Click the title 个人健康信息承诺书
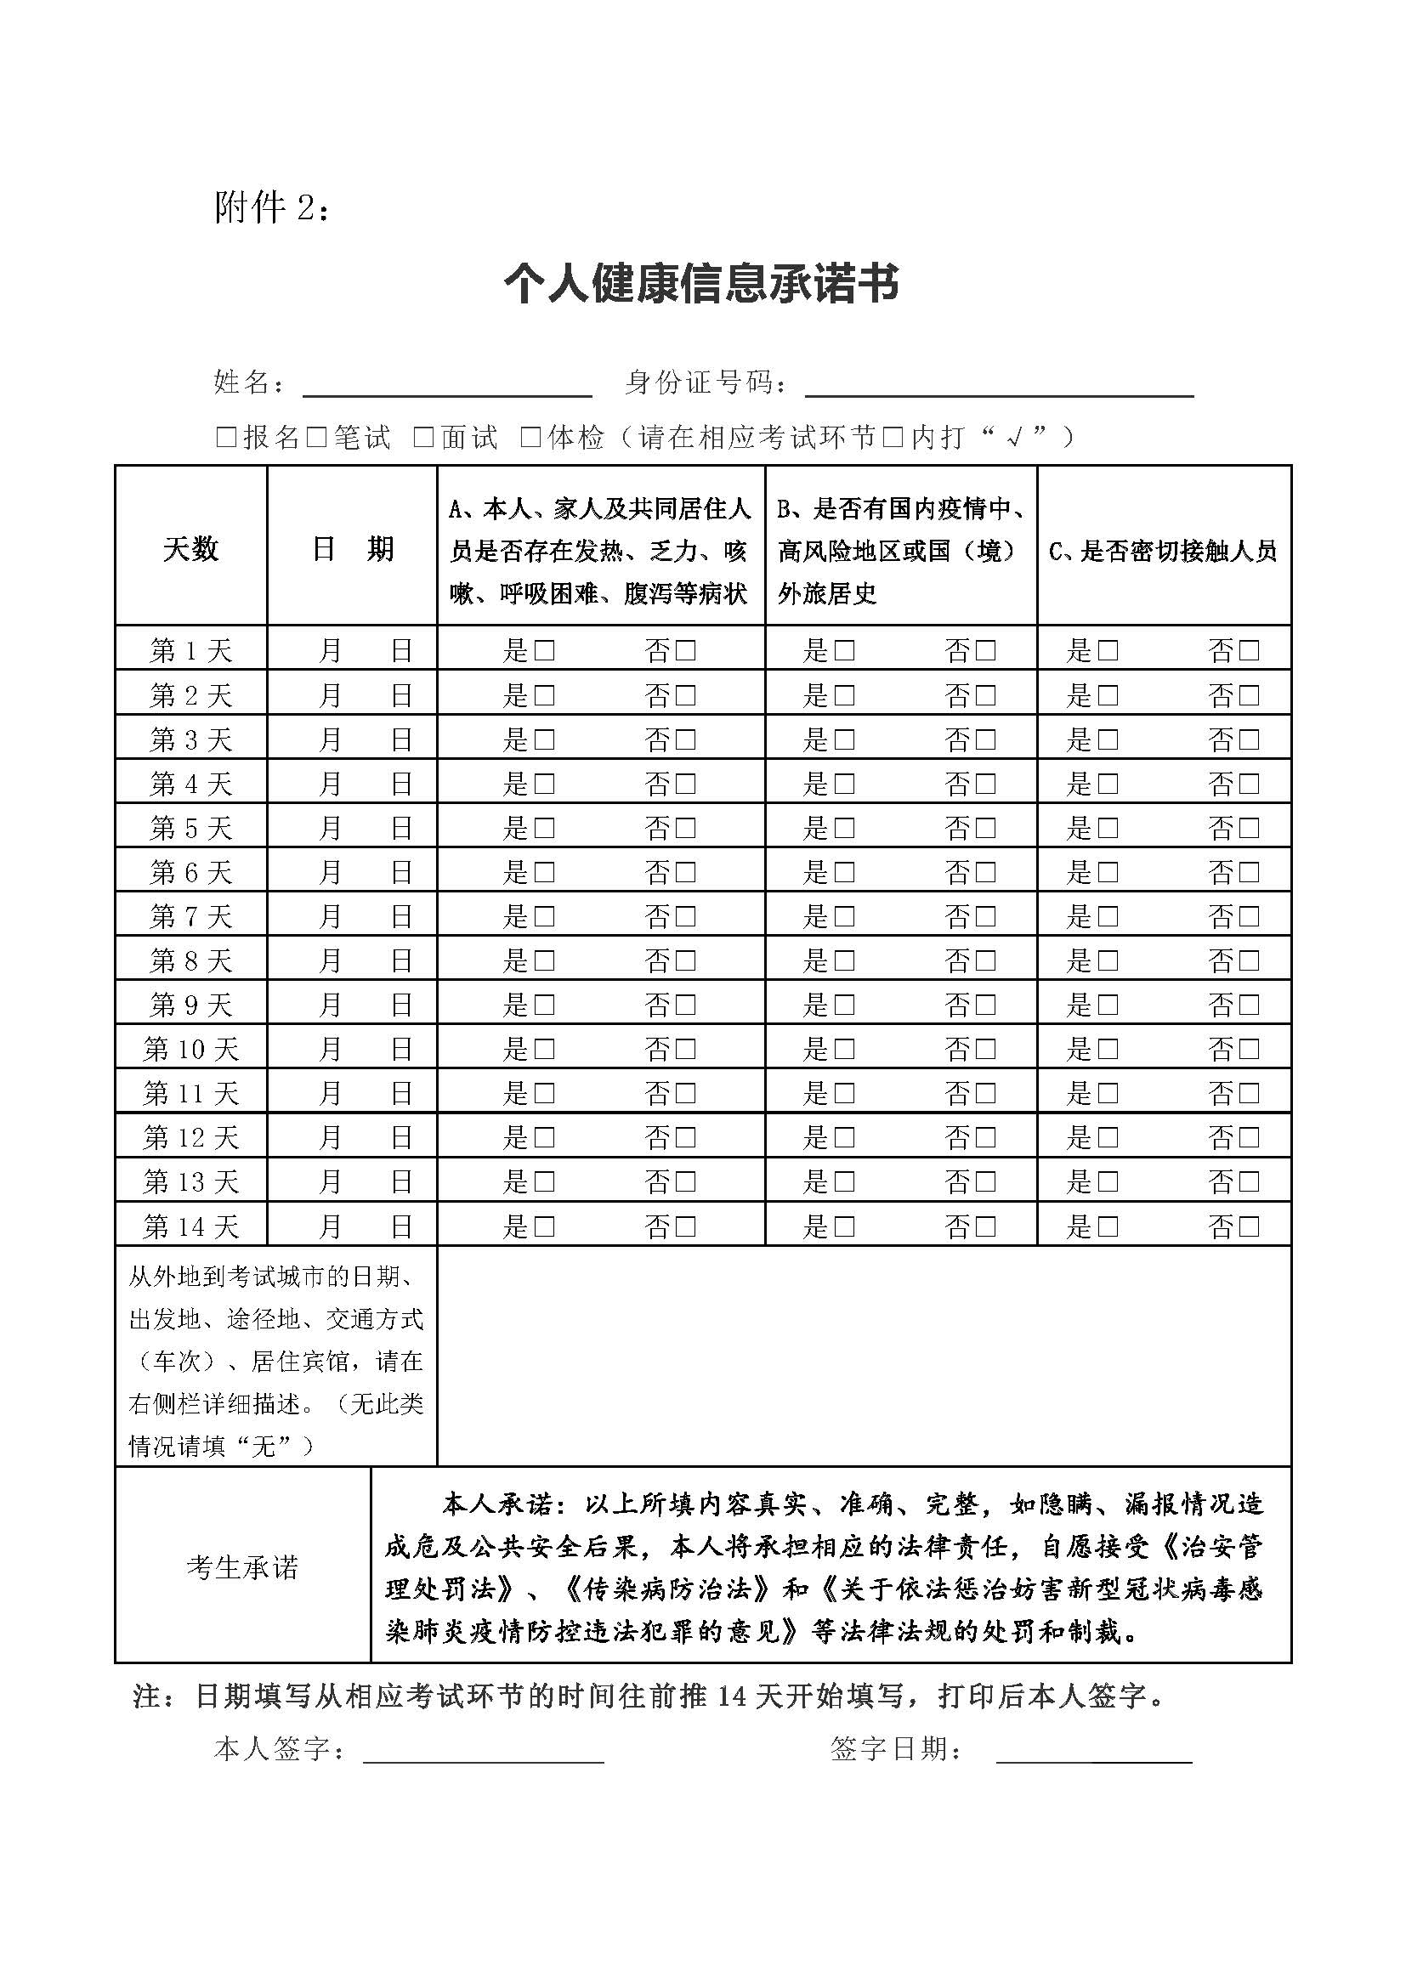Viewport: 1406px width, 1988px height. coord(701,284)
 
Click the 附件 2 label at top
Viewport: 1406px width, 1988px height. coord(271,207)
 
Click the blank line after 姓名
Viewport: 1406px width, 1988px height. coord(447,385)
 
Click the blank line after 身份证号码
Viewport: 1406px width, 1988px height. coord(999,385)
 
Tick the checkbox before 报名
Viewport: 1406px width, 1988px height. coord(226,438)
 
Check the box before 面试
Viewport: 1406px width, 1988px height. coord(423,438)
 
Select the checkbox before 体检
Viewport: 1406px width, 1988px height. coord(530,438)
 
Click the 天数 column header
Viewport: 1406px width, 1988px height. coord(190,549)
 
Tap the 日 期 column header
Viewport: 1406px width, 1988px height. coord(352,549)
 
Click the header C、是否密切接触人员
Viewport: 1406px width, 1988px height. coord(1163,551)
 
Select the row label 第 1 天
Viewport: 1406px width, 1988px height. coord(190,650)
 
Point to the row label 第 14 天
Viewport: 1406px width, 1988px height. coord(190,1226)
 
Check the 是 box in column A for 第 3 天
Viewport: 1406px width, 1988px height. coord(545,740)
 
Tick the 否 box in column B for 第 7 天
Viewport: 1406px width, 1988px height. coord(985,917)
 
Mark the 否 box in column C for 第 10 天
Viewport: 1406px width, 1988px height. coord(1249,1050)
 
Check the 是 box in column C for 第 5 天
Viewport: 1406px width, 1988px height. coord(1108,829)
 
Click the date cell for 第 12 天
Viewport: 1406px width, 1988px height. coord(352,1138)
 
